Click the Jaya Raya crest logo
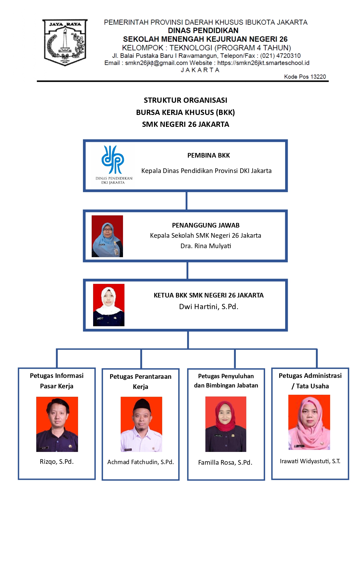coord(65,42)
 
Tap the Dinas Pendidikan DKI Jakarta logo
coord(113,165)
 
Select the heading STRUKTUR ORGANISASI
coord(185,100)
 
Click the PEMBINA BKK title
coord(209,155)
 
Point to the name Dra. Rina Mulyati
coord(206,246)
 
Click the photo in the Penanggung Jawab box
coord(107,236)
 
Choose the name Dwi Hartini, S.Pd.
coord(209,307)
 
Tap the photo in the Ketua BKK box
coord(109,305)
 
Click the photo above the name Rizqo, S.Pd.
coord(57,424)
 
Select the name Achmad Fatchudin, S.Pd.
coord(140,462)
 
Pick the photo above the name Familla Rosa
coord(226,424)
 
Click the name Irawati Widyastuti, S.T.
coord(310,461)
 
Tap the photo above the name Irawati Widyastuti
coord(309,422)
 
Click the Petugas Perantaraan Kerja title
coord(140,381)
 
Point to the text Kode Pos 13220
coord(305,77)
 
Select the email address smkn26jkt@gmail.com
coord(156,63)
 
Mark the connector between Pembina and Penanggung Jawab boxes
coord(186,201)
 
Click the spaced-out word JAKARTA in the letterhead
coord(200,70)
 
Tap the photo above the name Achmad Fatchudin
coord(141,424)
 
